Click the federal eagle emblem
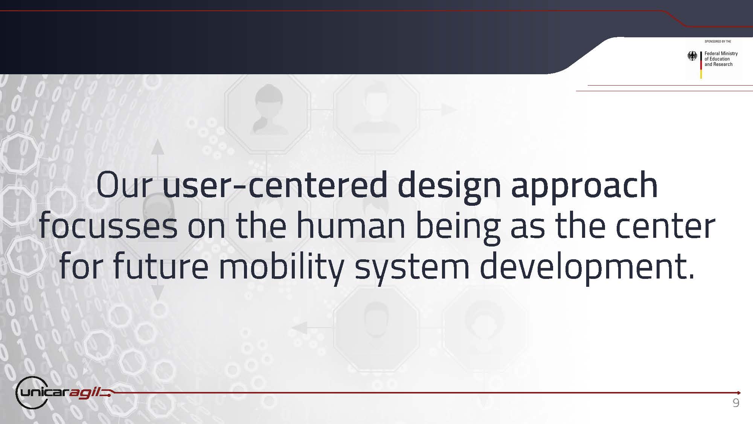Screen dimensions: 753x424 click(692, 56)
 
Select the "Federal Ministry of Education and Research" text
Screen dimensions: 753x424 click(721, 59)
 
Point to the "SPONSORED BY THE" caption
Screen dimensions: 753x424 click(718, 41)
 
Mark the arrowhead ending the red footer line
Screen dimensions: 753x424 click(739, 393)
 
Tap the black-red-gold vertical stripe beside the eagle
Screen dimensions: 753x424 click(701, 65)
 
